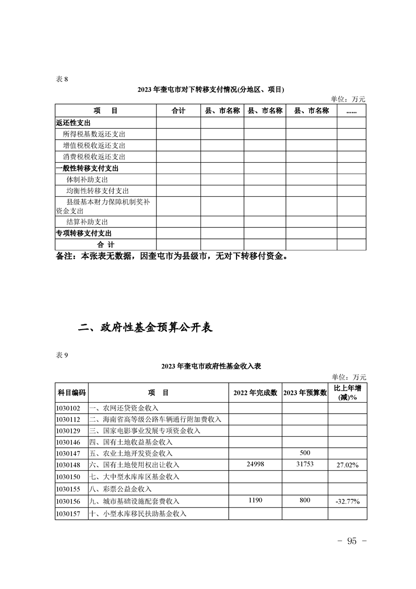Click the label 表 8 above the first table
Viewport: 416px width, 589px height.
pos(62,79)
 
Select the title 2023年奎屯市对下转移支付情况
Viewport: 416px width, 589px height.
pos(211,89)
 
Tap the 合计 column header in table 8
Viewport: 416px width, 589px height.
pos(178,111)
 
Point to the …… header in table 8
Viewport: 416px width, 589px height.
pos(351,111)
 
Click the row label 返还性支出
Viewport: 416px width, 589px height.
pos(73,122)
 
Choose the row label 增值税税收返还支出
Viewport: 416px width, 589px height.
pos(94,145)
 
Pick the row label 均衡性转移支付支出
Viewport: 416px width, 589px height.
pos(97,191)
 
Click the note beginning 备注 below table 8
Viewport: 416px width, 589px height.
pos(172,257)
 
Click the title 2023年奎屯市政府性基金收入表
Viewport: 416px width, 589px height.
pos(211,366)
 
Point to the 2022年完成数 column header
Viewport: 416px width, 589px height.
pos(255,393)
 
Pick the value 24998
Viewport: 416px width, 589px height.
pos(255,465)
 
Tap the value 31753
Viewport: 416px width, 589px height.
pos(305,465)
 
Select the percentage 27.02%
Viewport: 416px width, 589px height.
pos(347,466)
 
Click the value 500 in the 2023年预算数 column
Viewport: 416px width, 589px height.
pos(305,453)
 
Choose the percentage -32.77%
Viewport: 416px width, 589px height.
pos(347,502)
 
